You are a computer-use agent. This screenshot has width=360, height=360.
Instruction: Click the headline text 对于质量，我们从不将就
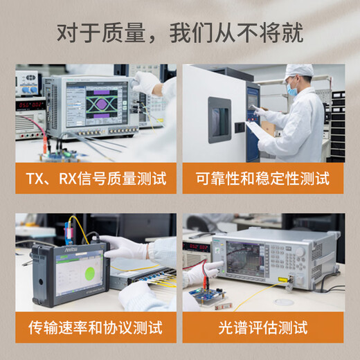point(180,33)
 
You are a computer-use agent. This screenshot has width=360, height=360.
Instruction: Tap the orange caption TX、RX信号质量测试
point(96,179)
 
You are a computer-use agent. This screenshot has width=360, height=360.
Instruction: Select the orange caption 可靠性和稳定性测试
point(264,179)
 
